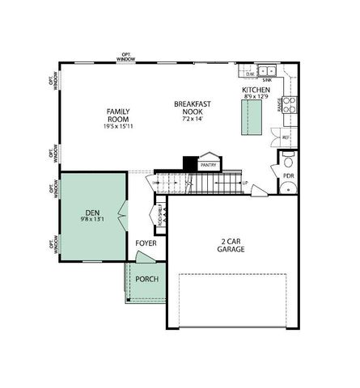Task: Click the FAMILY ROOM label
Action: point(118,114)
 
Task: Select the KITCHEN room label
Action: point(255,90)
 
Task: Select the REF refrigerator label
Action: point(286,137)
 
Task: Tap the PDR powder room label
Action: point(289,175)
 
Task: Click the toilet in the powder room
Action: point(289,188)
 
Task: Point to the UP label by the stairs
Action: point(245,183)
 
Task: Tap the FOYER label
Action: point(146,242)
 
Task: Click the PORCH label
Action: point(146,279)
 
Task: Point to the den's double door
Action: point(122,213)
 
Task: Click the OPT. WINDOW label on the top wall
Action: point(125,57)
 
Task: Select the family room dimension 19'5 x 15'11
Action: point(118,126)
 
